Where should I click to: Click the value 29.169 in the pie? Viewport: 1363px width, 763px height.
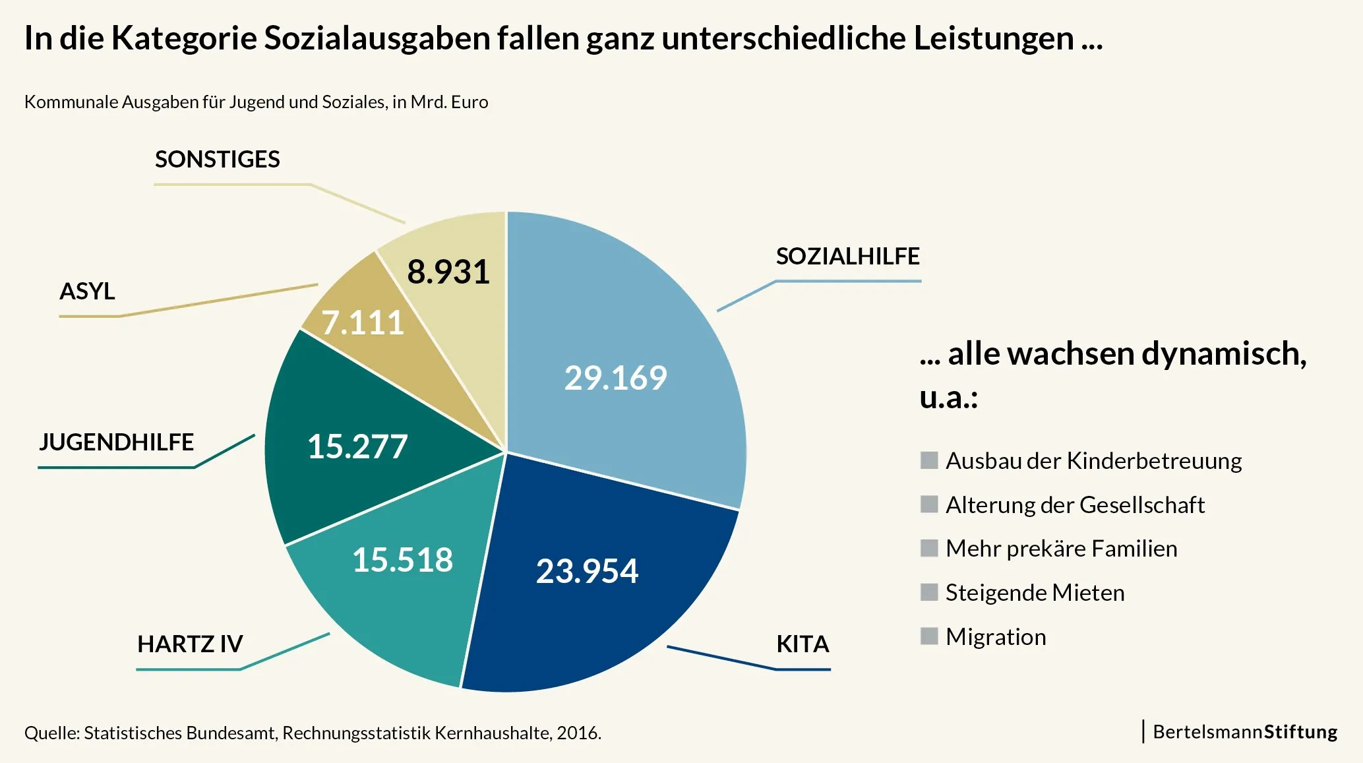615,378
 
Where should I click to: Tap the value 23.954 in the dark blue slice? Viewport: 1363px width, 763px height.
587,571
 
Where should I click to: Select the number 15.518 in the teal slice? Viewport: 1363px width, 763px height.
402,560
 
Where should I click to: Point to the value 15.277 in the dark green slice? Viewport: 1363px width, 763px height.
357,446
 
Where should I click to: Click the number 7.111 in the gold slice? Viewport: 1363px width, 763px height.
363,323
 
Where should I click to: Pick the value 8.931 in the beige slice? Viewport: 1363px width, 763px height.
448,272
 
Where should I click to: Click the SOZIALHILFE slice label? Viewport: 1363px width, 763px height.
847,257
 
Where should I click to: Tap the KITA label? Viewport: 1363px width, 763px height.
803,644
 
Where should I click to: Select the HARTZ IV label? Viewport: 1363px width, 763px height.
190,644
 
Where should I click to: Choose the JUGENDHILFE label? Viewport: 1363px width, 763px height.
117,442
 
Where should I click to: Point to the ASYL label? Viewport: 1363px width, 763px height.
87,291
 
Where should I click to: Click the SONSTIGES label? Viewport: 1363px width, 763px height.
218,160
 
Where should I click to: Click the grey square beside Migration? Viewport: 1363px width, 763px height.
929,636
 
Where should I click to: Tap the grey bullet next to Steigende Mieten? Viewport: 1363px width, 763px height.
929,592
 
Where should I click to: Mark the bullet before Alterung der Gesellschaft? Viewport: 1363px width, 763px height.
929,504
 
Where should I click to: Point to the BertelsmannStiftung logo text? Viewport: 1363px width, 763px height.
1244,732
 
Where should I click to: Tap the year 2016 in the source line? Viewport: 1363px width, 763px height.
578,733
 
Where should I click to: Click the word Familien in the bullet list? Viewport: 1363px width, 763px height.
1134,549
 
